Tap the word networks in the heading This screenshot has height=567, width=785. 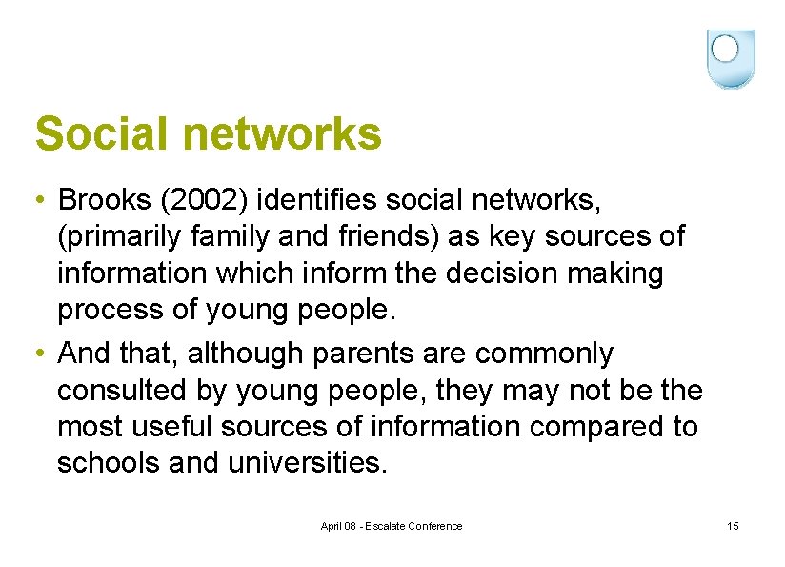point(282,134)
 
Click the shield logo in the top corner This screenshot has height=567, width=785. point(731,58)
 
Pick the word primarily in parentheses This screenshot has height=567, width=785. point(120,237)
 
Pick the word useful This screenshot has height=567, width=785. point(180,426)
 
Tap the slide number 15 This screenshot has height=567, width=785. point(733,526)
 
